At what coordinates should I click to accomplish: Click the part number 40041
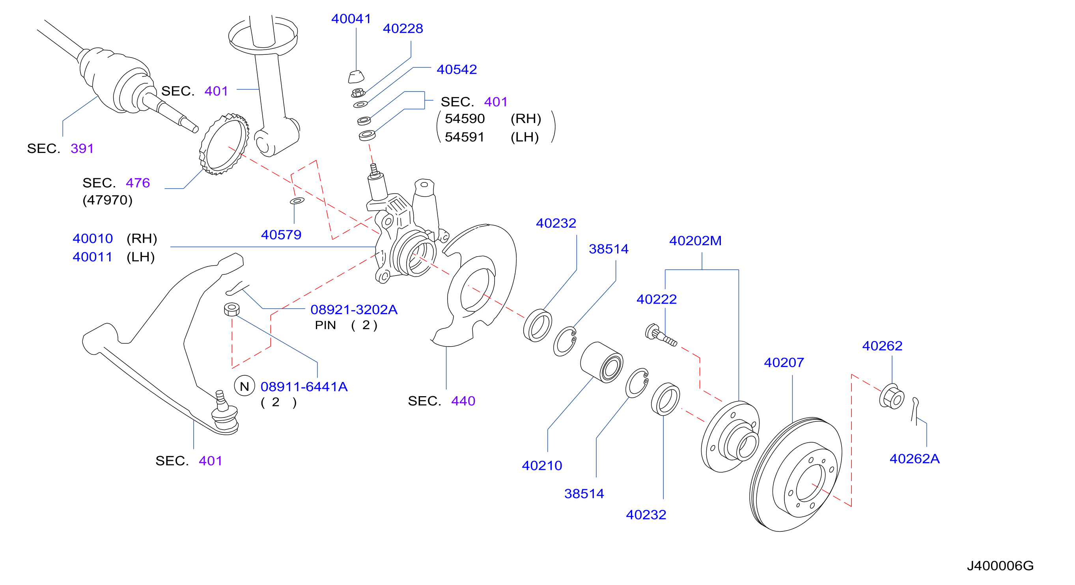(x=351, y=19)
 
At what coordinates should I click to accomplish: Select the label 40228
(x=403, y=28)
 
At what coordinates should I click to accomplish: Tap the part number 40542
(x=457, y=69)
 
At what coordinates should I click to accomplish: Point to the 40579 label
(x=281, y=235)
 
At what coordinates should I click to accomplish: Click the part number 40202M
(x=695, y=241)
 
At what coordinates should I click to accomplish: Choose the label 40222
(x=657, y=299)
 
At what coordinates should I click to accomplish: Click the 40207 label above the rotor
(x=784, y=362)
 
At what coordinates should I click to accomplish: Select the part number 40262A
(x=914, y=458)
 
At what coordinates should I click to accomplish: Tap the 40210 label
(x=542, y=465)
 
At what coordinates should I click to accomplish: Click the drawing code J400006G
(x=1000, y=565)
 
